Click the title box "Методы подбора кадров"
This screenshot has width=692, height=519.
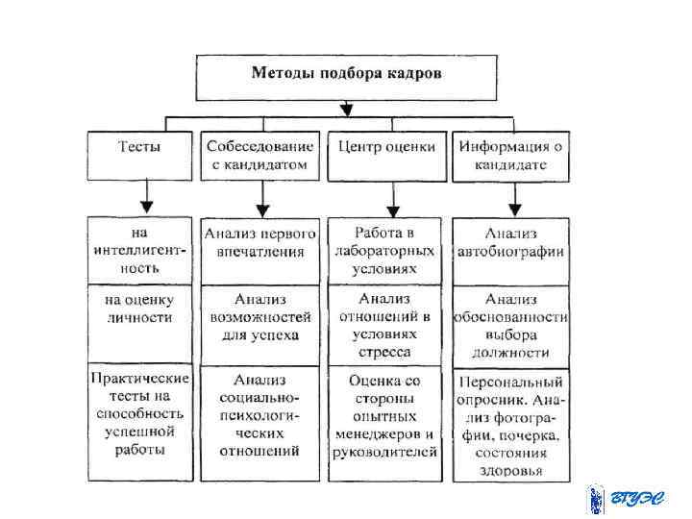[346, 75]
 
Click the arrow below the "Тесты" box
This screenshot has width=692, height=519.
[145, 200]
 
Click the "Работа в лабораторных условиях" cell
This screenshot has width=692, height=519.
[384, 250]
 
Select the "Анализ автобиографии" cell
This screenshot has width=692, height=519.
[510, 242]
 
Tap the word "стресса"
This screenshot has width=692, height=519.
[384, 353]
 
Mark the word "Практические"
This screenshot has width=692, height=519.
[140, 380]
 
